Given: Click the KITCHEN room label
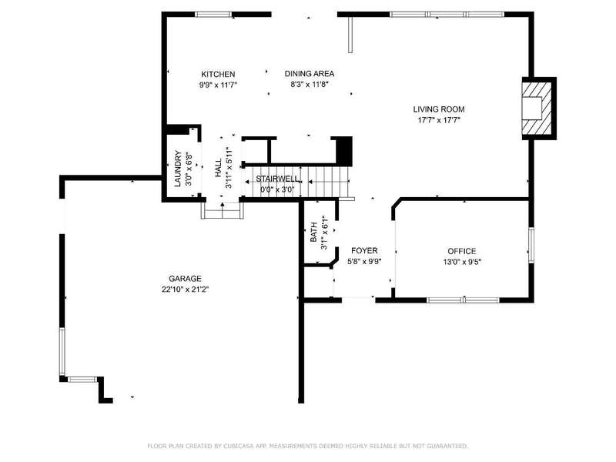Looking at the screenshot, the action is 218,74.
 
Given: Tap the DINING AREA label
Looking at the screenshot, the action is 310,73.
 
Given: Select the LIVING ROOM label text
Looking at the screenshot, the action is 438,109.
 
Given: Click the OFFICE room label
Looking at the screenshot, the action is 461,251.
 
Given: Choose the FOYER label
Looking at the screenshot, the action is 364,251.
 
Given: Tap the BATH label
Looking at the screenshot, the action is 313,233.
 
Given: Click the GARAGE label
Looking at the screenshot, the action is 185,279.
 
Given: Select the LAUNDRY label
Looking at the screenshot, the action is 178,169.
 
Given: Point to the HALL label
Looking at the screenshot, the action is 219,168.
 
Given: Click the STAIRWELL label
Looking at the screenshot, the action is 277,179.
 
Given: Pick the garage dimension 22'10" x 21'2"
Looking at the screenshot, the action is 185,290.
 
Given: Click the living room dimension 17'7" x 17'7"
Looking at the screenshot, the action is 438,120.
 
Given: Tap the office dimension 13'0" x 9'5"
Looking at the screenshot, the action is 462,262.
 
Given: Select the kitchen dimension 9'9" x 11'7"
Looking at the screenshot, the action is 218,85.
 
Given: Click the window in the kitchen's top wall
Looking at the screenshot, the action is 213,15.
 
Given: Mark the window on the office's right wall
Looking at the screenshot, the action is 531,245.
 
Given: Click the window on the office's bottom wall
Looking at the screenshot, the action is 464,300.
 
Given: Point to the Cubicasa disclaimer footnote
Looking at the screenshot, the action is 307,446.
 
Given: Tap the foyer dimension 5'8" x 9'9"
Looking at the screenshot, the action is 364,261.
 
